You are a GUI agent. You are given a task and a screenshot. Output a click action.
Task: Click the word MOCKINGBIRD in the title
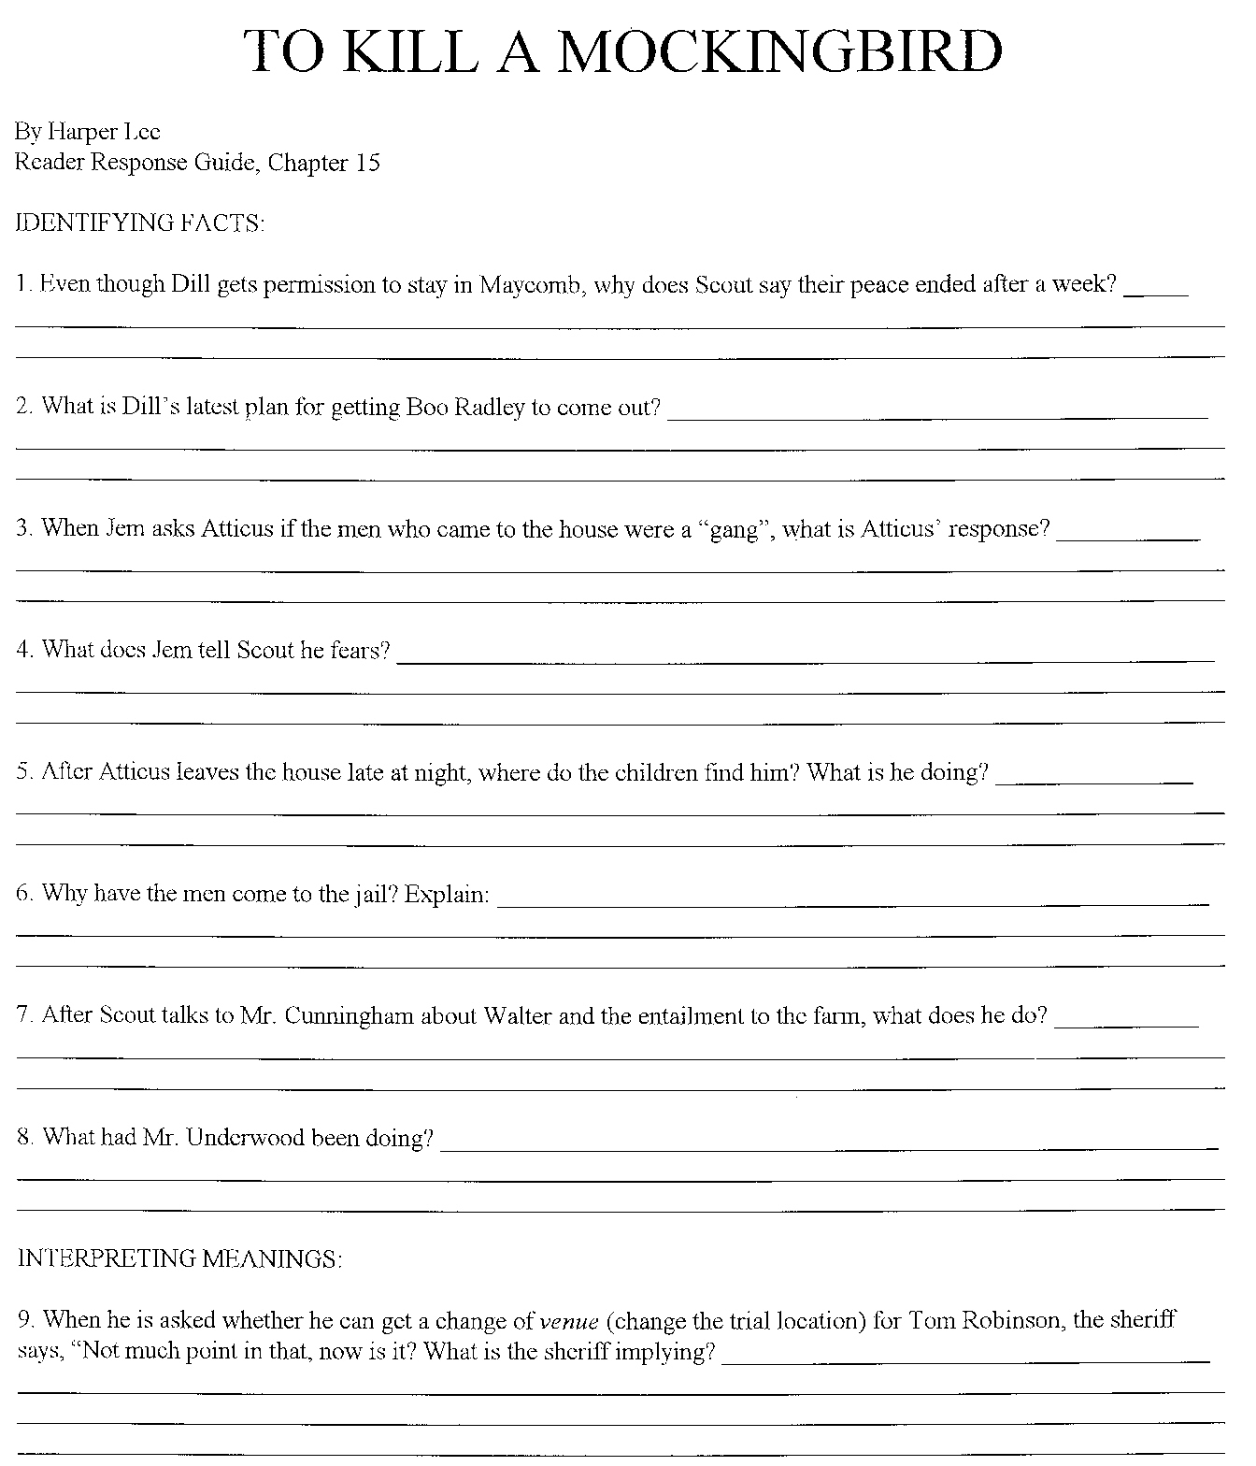point(780,51)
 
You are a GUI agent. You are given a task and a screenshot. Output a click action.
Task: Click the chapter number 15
point(367,163)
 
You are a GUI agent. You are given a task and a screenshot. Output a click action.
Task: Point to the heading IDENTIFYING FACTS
point(140,223)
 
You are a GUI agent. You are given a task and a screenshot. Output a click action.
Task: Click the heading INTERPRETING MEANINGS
point(179,1259)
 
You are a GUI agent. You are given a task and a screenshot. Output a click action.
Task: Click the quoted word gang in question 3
point(734,530)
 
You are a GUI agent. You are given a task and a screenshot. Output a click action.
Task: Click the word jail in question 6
point(378,895)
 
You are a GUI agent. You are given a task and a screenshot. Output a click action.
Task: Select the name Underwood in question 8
point(247,1139)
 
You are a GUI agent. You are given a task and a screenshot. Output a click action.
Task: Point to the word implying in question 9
point(666,1353)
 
